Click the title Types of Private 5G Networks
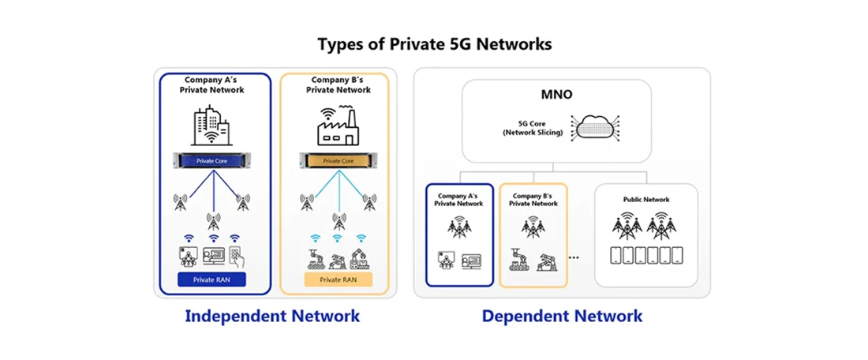(434, 44)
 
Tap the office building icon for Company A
(210, 126)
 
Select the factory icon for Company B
(337, 126)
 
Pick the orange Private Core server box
(337, 160)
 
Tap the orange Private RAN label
(337, 279)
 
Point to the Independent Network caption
(271, 317)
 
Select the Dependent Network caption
(562, 317)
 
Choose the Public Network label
(645, 200)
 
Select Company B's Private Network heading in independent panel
(337, 84)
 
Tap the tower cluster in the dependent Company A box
(458, 227)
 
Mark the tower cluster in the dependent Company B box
(533, 227)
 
